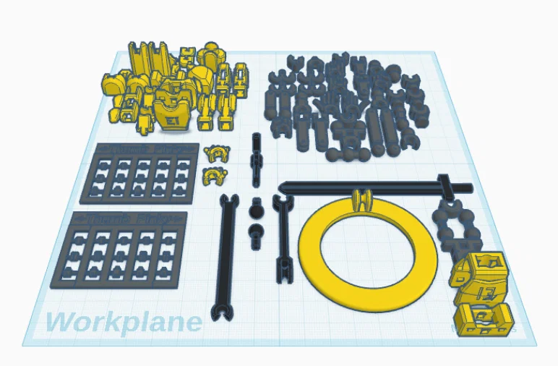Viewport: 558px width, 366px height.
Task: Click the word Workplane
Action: [x=124, y=320]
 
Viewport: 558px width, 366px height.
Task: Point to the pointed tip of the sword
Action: [x=282, y=187]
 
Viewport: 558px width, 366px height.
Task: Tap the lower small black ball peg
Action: [x=255, y=232]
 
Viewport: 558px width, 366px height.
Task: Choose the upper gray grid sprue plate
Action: [x=146, y=174]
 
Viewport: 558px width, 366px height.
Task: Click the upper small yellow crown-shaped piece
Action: [x=215, y=153]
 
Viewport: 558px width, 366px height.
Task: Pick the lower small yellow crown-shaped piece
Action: [x=213, y=174]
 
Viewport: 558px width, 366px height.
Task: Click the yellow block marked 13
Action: [x=481, y=289]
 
